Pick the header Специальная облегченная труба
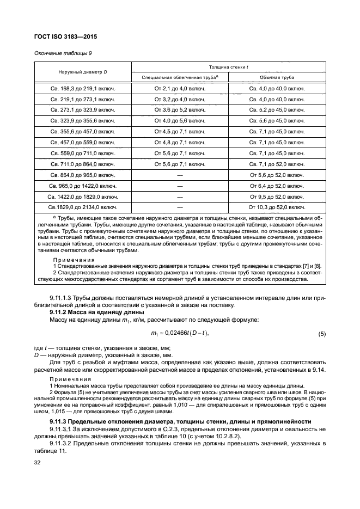[180, 77]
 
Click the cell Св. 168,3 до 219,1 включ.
[83, 88]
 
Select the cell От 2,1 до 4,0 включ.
[180, 88]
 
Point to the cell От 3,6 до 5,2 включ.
[180, 110]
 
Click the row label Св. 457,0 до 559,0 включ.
[83, 142]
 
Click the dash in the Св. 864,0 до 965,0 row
[180, 175]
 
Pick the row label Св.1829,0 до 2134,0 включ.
[83, 207]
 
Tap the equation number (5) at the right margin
[321, 333]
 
